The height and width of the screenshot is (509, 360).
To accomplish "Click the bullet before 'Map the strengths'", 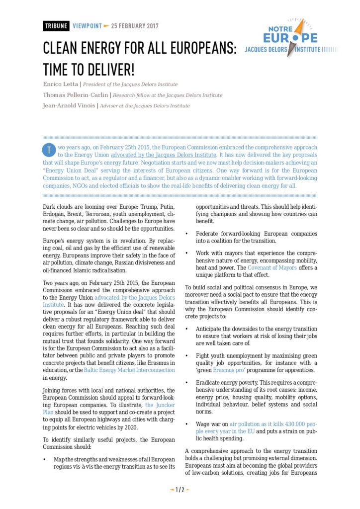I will click(x=45, y=460).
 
